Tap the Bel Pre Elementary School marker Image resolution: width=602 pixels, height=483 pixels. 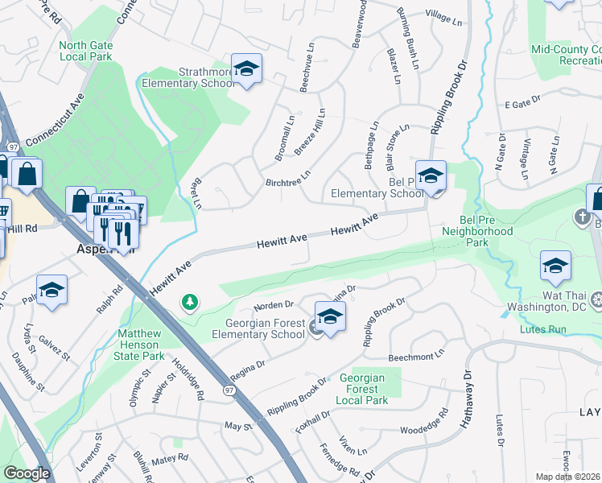pos(431,177)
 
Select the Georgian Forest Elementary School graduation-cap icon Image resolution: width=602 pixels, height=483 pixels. pos(329,317)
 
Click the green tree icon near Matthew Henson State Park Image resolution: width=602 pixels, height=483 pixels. pos(190,303)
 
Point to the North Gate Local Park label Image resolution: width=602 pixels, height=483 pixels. pos(85,51)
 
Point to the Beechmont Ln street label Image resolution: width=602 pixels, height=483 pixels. pos(416,355)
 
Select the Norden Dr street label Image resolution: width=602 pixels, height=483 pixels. pos(275,307)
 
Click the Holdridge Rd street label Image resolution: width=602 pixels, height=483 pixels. pos(189,379)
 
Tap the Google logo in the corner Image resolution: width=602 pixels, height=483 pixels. pos(27,473)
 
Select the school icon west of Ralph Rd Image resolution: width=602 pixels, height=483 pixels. pos(52,291)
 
